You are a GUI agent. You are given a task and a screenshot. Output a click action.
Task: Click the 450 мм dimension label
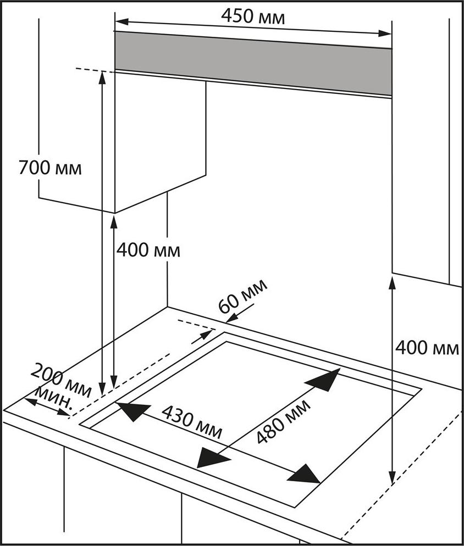pyautogui.click(x=253, y=16)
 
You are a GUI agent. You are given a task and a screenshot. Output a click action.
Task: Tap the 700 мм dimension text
pyautogui.click(x=50, y=168)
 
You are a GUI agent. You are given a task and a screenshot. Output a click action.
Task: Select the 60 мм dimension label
pyautogui.click(x=242, y=296)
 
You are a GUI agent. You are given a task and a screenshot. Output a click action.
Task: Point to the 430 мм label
pyautogui.click(x=192, y=422)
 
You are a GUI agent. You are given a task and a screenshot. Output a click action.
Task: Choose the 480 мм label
pyautogui.click(x=283, y=422)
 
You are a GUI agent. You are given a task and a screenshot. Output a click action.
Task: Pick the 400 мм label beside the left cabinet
pyautogui.click(x=148, y=250)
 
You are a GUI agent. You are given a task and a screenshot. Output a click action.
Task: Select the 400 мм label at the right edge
pyautogui.click(x=427, y=348)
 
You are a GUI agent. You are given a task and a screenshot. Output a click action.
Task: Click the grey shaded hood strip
pyautogui.click(x=253, y=63)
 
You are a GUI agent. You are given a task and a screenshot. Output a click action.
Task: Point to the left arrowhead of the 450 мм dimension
pyautogui.click(x=121, y=21)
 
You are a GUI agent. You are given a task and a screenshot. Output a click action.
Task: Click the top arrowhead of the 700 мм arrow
pyautogui.click(x=102, y=77)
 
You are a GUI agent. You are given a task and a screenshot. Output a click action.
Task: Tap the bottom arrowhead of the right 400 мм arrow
pyautogui.click(x=393, y=477)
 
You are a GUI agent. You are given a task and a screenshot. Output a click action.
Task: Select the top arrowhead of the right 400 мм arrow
pyautogui.click(x=393, y=282)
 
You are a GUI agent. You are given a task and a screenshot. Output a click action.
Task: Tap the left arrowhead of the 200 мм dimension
pyautogui.click(x=31, y=401)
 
